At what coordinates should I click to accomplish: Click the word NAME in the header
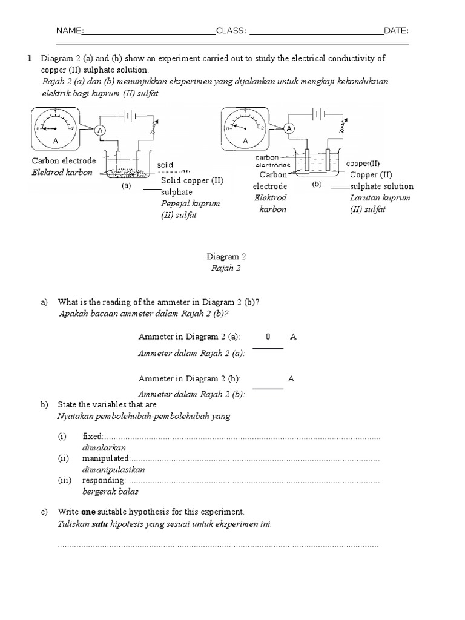(68, 31)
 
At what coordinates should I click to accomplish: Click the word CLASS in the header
(229, 31)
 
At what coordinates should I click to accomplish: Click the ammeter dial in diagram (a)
(54, 129)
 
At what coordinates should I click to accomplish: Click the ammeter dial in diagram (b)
(246, 129)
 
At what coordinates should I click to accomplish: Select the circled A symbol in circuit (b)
(289, 128)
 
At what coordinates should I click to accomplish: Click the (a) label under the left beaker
(126, 186)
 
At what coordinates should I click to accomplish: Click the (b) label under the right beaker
(316, 185)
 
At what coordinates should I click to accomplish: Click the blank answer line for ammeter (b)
(268, 387)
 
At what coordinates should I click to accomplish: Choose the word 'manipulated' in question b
(106, 458)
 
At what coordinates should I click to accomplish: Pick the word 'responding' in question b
(104, 481)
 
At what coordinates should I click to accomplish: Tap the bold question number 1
(28, 58)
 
